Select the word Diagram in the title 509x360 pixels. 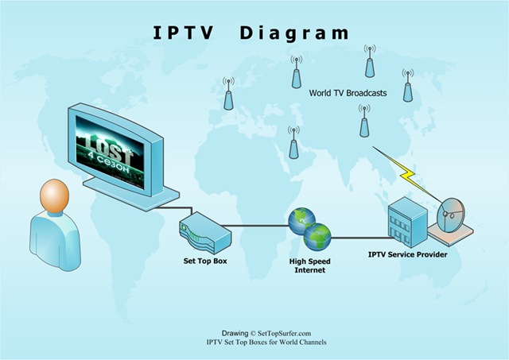tap(293, 33)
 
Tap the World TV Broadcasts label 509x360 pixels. tap(348, 93)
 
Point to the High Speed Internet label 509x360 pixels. tap(309, 265)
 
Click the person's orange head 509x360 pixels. tap(55, 196)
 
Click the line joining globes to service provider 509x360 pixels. tap(358, 236)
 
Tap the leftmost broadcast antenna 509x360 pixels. tap(228, 93)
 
